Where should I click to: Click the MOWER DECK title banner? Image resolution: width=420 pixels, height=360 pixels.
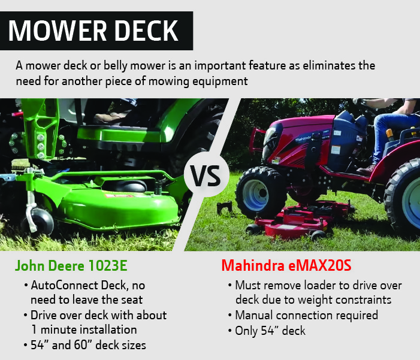coord(96,30)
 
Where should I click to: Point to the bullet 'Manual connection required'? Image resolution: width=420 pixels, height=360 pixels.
coord(306,314)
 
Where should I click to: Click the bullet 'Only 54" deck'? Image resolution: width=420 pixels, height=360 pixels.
coord(271,329)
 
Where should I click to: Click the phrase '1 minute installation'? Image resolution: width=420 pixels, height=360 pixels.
coord(84,329)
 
